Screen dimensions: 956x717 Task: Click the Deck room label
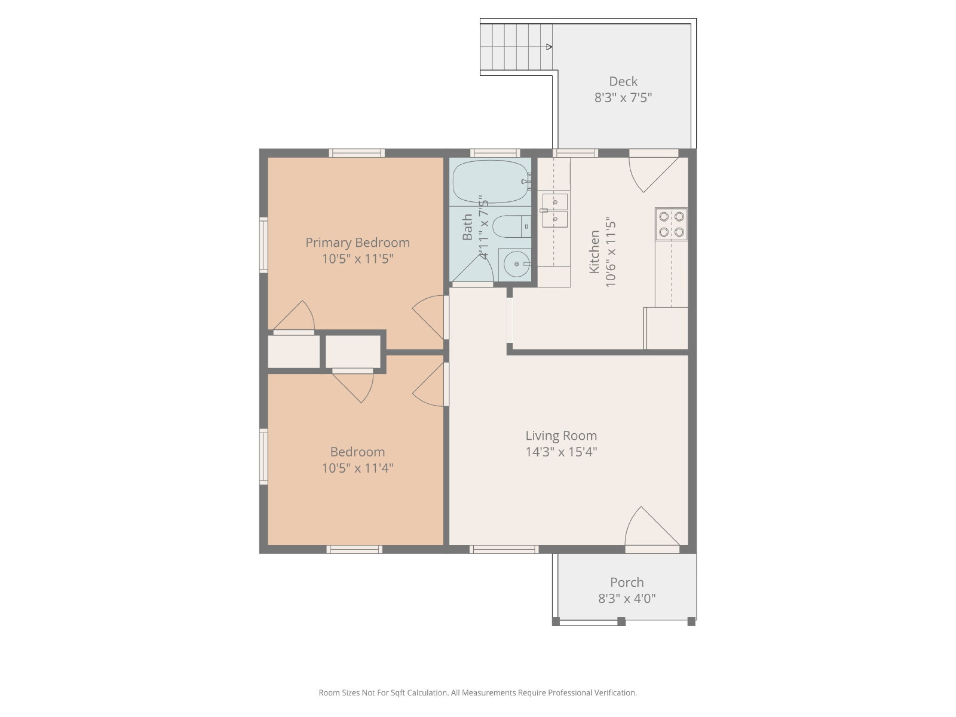(623, 81)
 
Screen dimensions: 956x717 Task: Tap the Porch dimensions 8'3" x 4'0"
(626, 598)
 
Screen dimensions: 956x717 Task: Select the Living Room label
(561, 436)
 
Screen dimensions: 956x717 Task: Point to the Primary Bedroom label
(357, 243)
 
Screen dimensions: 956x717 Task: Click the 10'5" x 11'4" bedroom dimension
(357, 468)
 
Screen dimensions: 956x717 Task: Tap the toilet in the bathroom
(511, 226)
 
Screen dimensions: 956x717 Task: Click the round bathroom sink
(517, 264)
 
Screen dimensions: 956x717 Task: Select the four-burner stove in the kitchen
(671, 223)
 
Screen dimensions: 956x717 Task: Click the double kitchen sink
(555, 211)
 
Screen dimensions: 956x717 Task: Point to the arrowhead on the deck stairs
(549, 47)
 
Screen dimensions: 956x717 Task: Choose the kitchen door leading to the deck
(653, 174)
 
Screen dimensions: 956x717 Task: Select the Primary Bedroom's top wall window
(357, 153)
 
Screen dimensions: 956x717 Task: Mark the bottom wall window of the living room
(504, 549)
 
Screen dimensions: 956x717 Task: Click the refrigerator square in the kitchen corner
(666, 328)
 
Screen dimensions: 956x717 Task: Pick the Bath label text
(467, 227)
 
